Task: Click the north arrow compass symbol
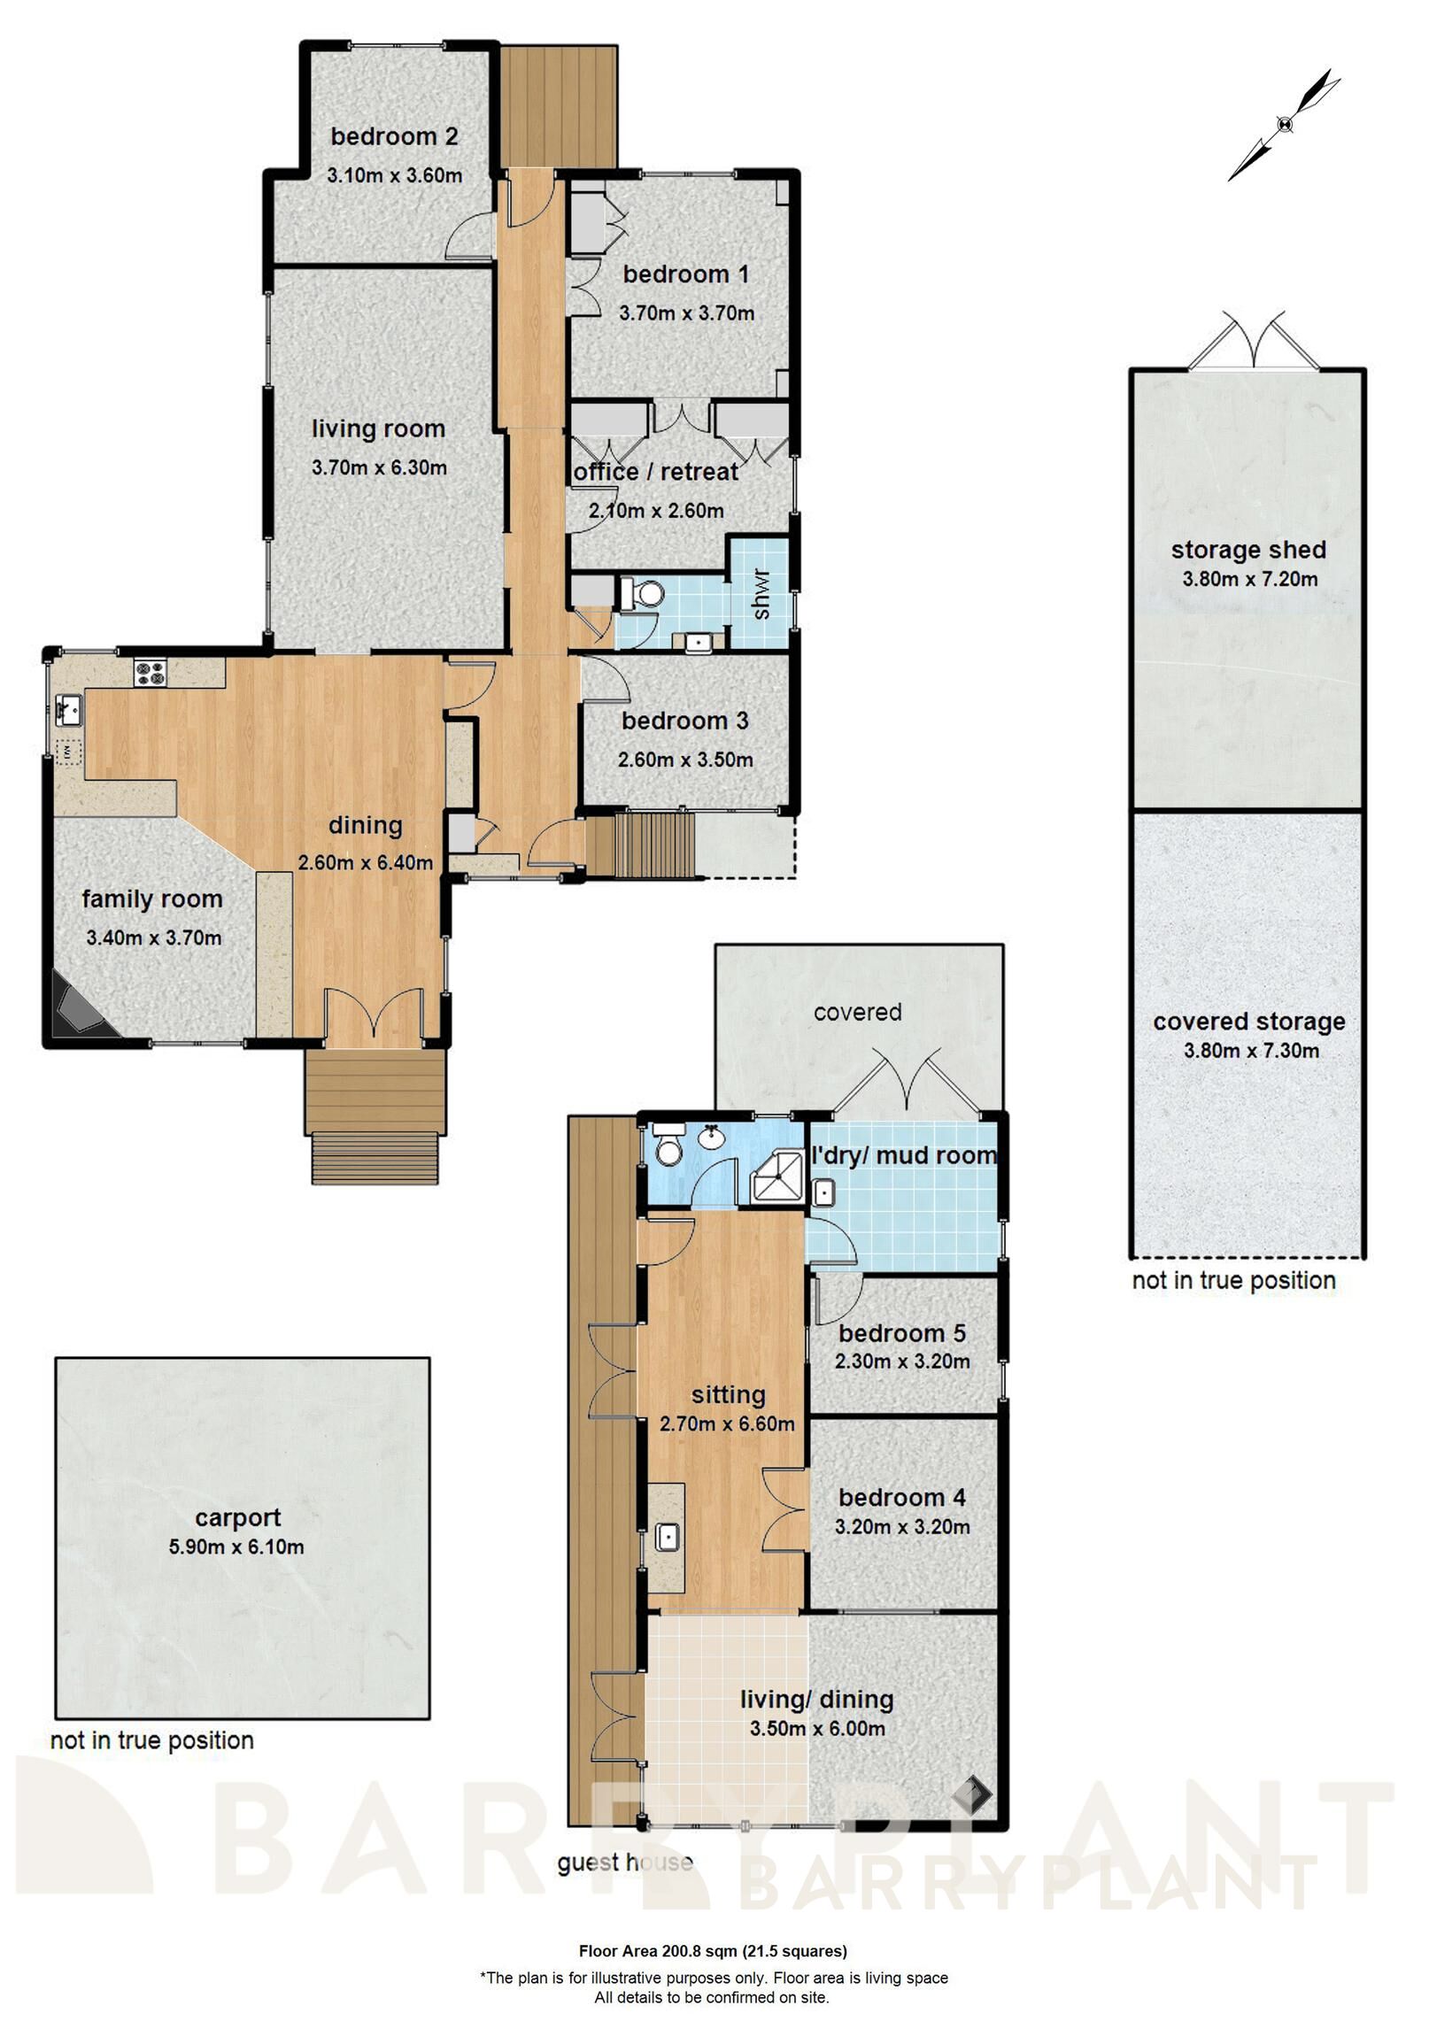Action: point(1284,125)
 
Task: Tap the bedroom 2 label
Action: point(394,136)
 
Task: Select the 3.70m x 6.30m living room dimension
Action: point(379,467)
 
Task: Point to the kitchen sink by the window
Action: point(68,708)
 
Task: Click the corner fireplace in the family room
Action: point(78,1011)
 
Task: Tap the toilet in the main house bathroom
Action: point(642,594)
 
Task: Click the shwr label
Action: point(761,594)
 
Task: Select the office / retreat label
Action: point(655,472)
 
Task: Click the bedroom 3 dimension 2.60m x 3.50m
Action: point(685,760)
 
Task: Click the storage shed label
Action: point(1248,550)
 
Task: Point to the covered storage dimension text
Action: point(1251,1052)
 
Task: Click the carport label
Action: point(237,1517)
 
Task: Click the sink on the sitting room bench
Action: point(667,1536)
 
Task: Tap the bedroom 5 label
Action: point(901,1333)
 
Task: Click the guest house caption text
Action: point(624,1863)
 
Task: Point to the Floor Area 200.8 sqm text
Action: point(713,1950)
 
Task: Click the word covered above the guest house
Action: point(857,1012)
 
